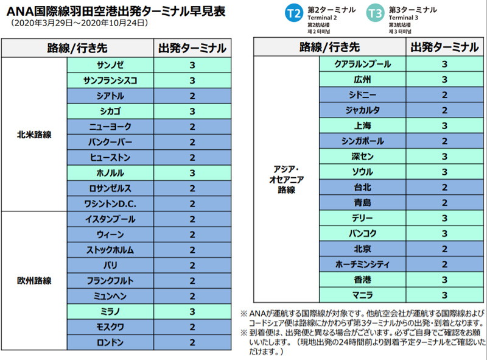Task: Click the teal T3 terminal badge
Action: [x=376, y=13]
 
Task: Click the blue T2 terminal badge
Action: [x=295, y=13]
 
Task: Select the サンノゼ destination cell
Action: [x=110, y=65]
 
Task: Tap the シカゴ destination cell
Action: [x=110, y=111]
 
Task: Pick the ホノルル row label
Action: [x=110, y=172]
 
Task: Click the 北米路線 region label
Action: [x=34, y=134]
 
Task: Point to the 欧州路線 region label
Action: [x=34, y=281]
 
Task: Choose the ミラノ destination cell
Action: [x=110, y=311]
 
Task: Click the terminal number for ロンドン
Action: [x=192, y=342]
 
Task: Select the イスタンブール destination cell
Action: [x=110, y=219]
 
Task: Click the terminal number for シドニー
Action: [x=444, y=94]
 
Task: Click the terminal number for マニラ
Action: [x=444, y=295]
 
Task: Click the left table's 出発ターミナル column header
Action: [x=192, y=48]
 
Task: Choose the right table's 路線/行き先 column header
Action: [x=329, y=47]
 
